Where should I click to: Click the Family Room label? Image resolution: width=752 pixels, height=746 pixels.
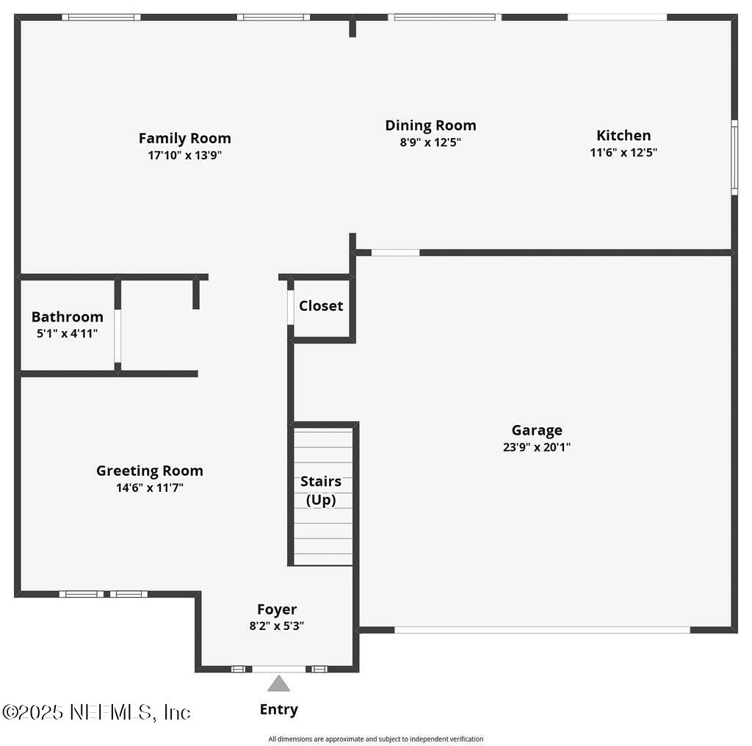click(x=184, y=138)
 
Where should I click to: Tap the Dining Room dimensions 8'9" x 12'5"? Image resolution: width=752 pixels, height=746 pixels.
click(x=430, y=142)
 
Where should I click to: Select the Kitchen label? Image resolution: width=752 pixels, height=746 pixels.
click(x=623, y=135)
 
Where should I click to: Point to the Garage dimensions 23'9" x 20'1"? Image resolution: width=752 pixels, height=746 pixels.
click(x=536, y=446)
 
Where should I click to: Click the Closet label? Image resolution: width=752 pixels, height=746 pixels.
click(x=321, y=305)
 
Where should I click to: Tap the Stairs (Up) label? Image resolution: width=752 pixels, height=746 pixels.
click(x=321, y=490)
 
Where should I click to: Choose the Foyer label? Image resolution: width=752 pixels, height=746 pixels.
click(x=277, y=609)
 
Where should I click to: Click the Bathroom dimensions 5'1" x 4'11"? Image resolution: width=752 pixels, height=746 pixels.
click(x=67, y=333)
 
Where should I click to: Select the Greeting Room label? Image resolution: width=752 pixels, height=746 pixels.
click(x=150, y=471)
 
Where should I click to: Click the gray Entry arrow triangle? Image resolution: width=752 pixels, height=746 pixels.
click(x=278, y=684)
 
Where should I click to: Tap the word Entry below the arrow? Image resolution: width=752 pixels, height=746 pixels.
click(x=278, y=709)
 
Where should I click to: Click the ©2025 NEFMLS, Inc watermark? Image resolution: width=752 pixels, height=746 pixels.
click(x=96, y=711)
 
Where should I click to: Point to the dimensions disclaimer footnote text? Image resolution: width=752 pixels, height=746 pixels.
click(x=375, y=739)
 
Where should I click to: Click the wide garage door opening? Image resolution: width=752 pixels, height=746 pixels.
click(x=542, y=629)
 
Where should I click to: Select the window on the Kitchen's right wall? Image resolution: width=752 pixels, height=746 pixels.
click(x=734, y=158)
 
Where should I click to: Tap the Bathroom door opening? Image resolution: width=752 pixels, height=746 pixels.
click(x=117, y=336)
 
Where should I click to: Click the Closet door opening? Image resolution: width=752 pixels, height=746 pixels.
click(x=291, y=307)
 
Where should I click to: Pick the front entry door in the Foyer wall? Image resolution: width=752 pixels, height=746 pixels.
click(x=278, y=669)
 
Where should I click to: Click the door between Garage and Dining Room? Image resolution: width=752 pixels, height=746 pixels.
click(x=395, y=253)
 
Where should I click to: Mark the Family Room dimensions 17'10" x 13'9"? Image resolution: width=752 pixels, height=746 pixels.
click(x=184, y=156)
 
